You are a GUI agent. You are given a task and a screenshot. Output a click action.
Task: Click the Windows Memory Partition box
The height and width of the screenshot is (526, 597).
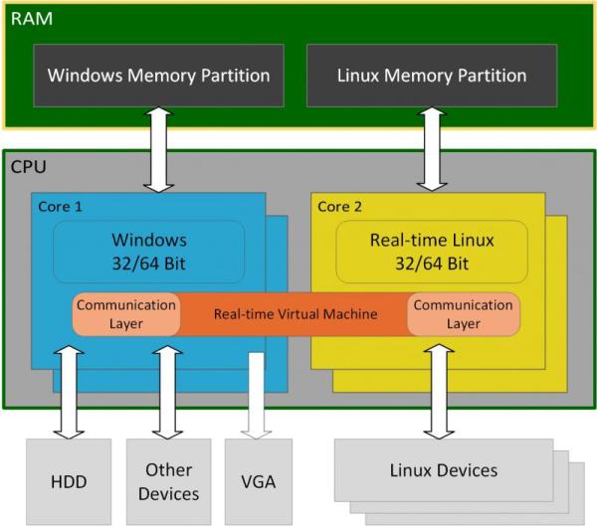coord(158,75)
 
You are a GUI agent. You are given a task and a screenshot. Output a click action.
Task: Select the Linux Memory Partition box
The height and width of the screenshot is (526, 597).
coord(432,75)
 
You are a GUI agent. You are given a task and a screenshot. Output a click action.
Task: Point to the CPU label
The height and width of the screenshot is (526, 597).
coord(28,167)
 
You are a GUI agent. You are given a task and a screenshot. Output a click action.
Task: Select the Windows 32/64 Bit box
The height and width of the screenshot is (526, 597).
coord(148,252)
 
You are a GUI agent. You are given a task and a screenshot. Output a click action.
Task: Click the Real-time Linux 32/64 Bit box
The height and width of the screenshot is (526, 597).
coord(432,252)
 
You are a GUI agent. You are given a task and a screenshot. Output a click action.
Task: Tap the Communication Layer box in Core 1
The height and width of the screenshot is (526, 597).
coord(125,314)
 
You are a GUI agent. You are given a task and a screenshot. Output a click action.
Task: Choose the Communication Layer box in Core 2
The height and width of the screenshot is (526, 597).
coord(463,314)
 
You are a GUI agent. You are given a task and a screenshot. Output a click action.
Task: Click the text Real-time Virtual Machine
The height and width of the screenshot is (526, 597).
coord(296,314)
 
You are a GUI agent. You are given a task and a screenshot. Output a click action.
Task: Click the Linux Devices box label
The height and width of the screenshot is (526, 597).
coord(445,469)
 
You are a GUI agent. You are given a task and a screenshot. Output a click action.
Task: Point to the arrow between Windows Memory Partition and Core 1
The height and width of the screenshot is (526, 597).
coord(158,149)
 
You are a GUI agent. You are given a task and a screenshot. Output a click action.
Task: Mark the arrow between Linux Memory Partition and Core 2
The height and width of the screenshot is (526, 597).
coord(432,149)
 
